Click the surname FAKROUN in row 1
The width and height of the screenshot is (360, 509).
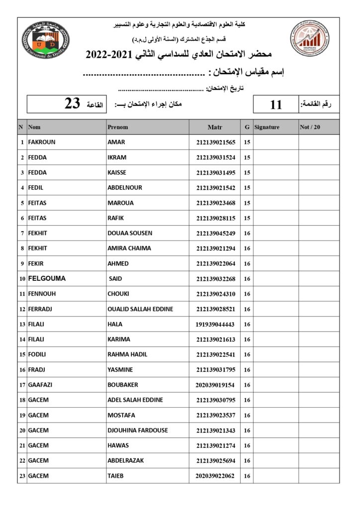tap(42, 142)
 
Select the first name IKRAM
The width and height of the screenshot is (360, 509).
tap(117, 158)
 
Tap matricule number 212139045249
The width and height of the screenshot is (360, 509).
tap(215, 233)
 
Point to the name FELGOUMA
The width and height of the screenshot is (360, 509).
tap(47, 279)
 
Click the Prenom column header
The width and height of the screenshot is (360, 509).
tap(118, 127)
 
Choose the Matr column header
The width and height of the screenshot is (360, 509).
tap(215, 127)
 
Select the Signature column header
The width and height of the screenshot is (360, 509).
tap(267, 127)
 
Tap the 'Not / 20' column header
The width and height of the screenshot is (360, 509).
tap(310, 127)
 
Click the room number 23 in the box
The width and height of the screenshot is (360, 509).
tap(72, 104)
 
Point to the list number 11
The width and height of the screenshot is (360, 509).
tap(276, 104)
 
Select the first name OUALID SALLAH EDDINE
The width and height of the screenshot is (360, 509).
tap(140, 309)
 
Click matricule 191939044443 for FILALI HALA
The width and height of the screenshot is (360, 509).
tap(215, 324)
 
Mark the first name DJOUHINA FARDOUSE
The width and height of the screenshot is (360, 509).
tap(138, 430)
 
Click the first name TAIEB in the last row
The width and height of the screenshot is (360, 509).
tap(115, 476)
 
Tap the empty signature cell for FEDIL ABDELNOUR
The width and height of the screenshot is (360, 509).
tap(275, 188)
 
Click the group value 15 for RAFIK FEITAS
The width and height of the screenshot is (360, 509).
tap(247, 218)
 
